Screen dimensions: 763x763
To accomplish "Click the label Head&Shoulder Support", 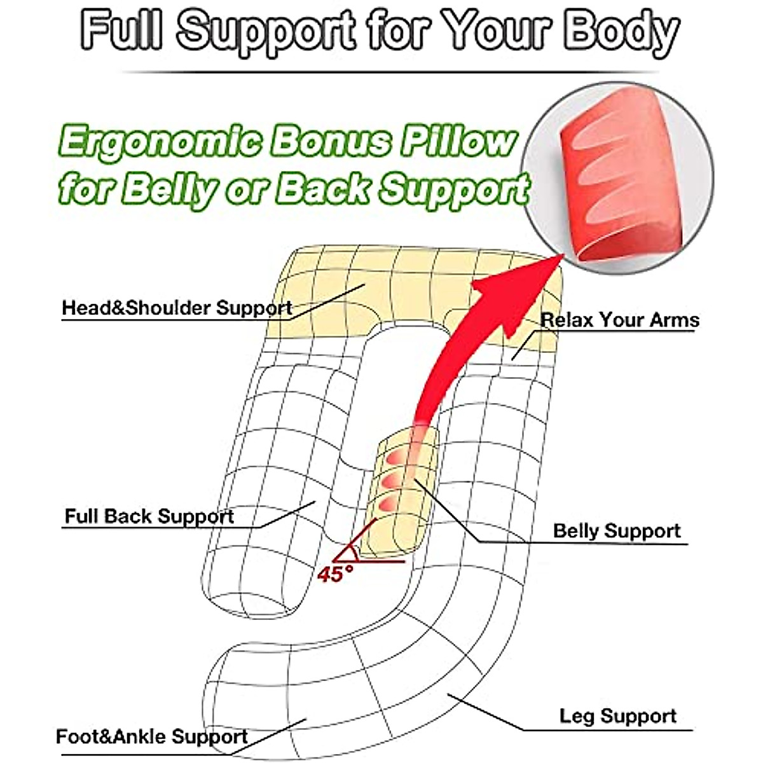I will click(x=176, y=308).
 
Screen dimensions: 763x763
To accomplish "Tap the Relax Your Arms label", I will click(x=619, y=320).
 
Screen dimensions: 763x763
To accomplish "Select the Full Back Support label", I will click(x=149, y=516).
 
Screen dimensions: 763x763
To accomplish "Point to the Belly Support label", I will click(x=616, y=531).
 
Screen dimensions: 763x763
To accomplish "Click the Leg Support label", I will click(x=617, y=716).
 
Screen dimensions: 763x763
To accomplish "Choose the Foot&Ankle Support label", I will click(x=151, y=737).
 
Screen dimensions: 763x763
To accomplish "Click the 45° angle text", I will click(x=335, y=574).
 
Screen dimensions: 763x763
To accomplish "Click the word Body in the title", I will click(x=620, y=32).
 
